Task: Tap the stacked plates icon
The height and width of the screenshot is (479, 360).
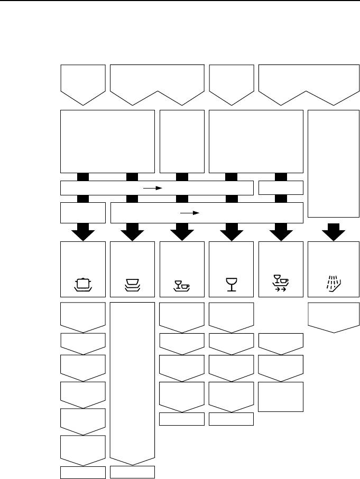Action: click(132, 285)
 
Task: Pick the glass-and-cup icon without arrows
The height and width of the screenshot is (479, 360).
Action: click(181, 286)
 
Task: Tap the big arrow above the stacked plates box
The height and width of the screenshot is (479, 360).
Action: click(132, 231)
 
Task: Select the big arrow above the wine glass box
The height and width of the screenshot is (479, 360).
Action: click(230, 231)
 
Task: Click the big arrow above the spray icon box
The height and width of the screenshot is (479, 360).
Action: click(329, 231)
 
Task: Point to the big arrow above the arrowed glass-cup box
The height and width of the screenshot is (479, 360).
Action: click(281, 231)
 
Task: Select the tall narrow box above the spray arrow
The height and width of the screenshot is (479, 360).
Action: click(329, 163)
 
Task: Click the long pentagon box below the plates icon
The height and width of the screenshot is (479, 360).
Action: click(132, 380)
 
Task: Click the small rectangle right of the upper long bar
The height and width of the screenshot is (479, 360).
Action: click(281, 187)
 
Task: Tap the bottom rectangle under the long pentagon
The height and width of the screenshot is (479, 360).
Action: click(132, 472)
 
